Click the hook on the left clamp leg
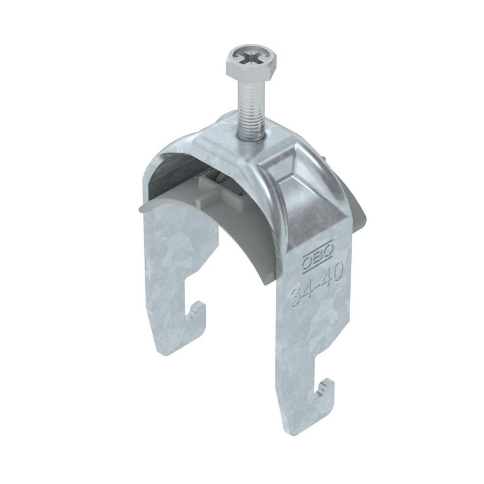[197, 314]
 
